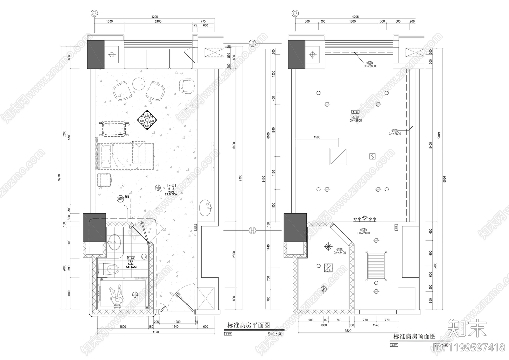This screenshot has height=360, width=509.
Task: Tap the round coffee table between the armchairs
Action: coord(139,84)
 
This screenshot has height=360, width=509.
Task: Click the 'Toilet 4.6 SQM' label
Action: coord(131,264)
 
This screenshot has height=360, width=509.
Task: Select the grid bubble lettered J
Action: coord(252,43)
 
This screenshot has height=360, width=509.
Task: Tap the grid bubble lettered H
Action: coord(252,230)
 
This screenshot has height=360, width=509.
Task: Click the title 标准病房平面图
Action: coord(248,325)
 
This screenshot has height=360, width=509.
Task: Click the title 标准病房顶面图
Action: coord(414,336)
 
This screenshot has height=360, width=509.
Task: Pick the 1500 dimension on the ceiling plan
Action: coord(317,137)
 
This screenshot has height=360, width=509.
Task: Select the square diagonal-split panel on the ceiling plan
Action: coord(338,156)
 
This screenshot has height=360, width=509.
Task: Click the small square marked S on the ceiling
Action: coord(373,156)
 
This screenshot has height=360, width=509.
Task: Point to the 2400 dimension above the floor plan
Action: coord(158,21)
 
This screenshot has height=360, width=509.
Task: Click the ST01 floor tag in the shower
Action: coord(135,294)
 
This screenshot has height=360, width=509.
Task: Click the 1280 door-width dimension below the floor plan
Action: coord(177,322)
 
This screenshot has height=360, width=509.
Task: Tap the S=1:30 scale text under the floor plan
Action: coord(275,334)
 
